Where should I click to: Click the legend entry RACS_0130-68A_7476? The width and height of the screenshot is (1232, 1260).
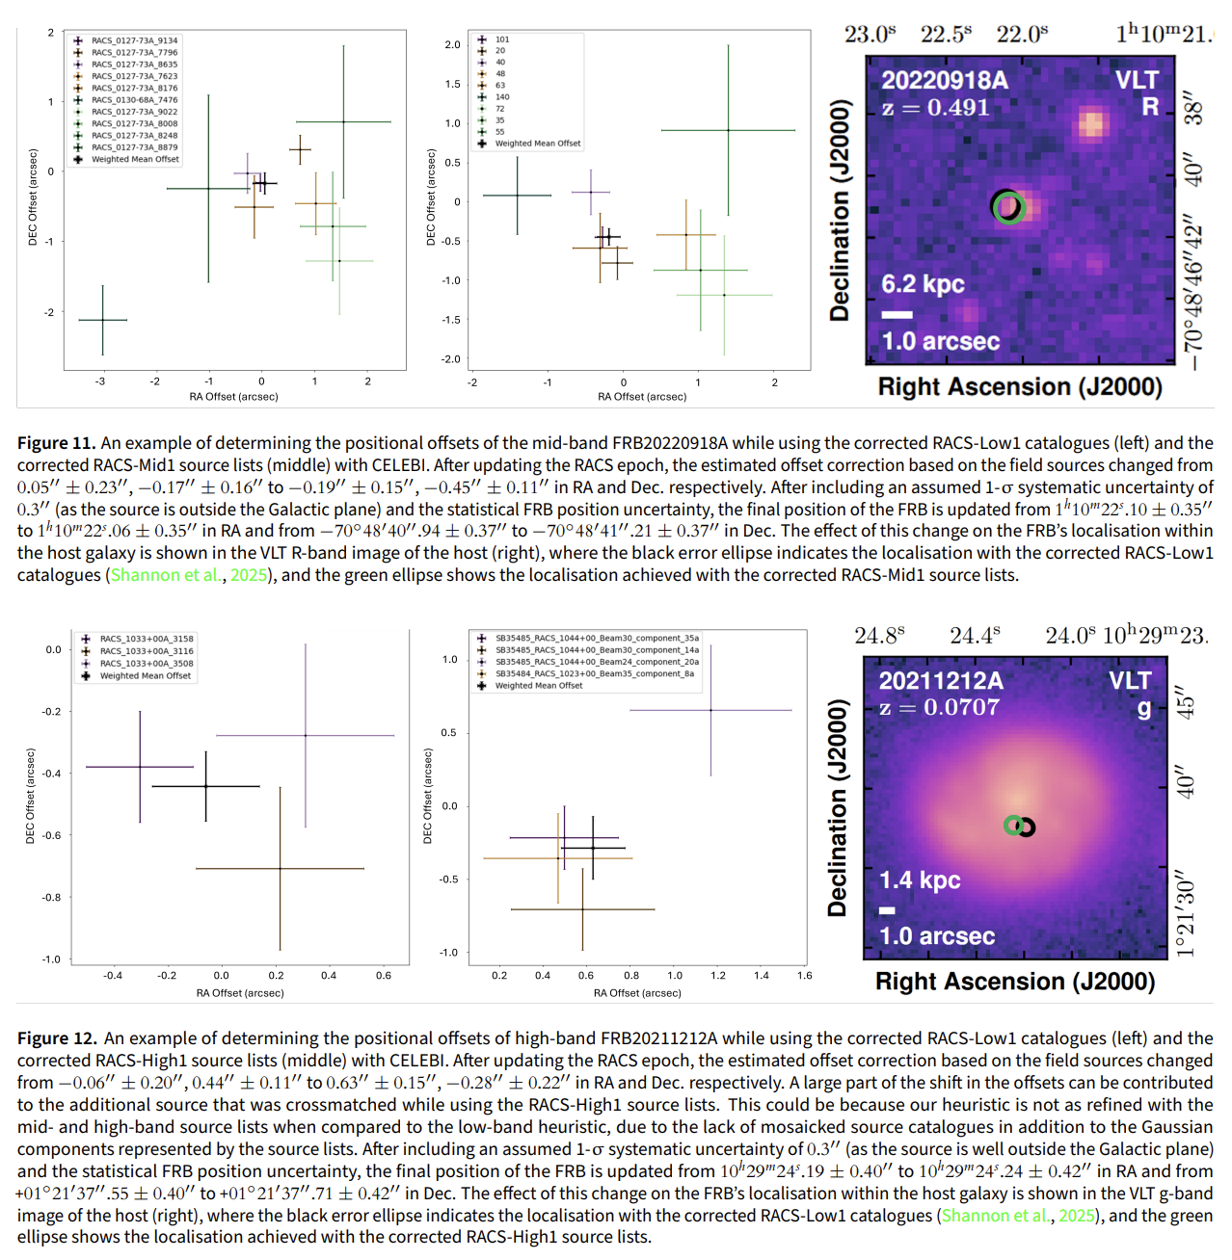(x=134, y=100)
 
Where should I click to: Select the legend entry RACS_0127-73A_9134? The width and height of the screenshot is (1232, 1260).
(x=134, y=40)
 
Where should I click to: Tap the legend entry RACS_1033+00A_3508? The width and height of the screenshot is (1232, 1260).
(x=147, y=664)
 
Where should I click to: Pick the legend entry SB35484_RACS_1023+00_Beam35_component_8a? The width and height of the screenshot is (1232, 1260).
(x=594, y=673)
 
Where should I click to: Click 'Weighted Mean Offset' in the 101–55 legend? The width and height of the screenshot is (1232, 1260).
(x=538, y=144)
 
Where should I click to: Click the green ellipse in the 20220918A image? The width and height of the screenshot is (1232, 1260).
(x=1009, y=208)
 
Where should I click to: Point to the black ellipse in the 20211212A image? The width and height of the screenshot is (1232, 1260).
(x=1026, y=827)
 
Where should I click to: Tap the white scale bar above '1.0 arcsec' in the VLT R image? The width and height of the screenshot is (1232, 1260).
(x=897, y=315)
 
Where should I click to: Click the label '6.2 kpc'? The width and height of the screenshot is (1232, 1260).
(x=923, y=284)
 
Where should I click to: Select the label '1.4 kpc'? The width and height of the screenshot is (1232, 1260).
(x=920, y=880)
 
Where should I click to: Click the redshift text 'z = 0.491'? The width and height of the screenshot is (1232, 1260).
(x=936, y=108)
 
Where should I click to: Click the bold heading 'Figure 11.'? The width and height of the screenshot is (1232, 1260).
(x=56, y=443)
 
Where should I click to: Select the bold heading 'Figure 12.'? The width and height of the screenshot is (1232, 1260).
(x=57, y=1038)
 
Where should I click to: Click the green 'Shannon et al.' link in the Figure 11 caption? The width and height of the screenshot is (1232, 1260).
(x=166, y=575)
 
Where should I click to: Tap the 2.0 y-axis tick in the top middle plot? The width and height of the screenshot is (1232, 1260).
(x=452, y=44)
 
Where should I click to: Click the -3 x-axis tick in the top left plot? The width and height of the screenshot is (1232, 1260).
(x=100, y=382)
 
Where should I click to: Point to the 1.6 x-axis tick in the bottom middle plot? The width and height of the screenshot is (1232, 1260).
(x=804, y=976)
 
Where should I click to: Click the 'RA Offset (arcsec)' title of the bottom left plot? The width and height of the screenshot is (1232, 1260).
(x=240, y=993)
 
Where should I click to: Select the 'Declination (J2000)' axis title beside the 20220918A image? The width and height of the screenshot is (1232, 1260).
(x=840, y=210)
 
